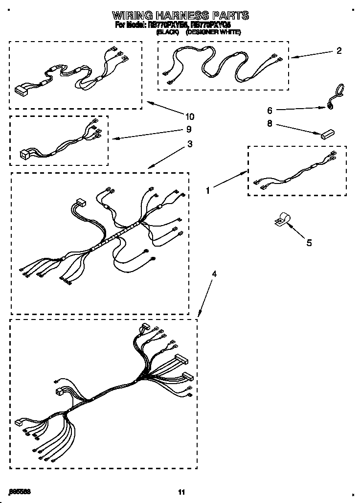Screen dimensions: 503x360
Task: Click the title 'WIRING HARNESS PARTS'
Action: click(x=180, y=15)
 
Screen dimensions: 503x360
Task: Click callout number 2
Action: click(x=339, y=50)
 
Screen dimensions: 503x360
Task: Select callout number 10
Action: click(x=189, y=116)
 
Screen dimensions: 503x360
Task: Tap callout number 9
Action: click(x=189, y=130)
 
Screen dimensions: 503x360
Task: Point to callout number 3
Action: click(x=189, y=144)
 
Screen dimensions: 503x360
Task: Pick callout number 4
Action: click(x=213, y=274)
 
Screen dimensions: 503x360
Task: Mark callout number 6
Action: click(x=270, y=111)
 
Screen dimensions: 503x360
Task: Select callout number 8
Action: click(x=270, y=124)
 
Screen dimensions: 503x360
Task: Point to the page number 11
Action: click(x=182, y=491)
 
